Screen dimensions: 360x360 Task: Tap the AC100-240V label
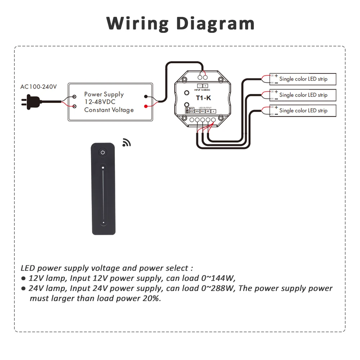39,87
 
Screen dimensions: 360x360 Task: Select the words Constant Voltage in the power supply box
109,110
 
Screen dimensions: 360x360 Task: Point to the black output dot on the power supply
146,96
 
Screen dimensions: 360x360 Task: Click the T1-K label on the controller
203,98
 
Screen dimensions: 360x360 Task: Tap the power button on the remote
103,152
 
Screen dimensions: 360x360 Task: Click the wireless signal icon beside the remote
126,143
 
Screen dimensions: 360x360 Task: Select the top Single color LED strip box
303,79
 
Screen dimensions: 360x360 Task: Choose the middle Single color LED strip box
303,95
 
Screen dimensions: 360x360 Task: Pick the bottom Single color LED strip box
303,111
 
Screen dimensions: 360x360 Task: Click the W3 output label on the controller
197,112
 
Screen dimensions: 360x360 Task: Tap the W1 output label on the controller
208,112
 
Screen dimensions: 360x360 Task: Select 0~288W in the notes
218,288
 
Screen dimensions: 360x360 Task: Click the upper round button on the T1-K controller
187,93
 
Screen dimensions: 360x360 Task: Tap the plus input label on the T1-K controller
206,86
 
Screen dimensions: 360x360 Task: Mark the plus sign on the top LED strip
276,76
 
